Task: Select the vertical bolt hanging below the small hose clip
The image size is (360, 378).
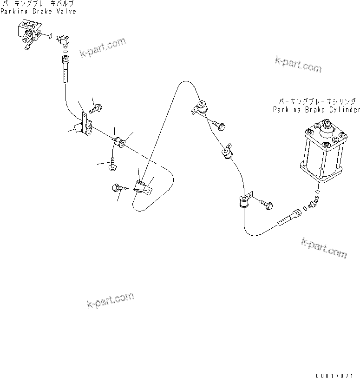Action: point(113,165)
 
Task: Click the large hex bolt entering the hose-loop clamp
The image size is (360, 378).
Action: point(119,188)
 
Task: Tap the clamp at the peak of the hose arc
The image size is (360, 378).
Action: point(201,108)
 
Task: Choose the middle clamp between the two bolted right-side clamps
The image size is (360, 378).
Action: point(227,153)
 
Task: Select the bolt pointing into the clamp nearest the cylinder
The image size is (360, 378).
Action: point(266,204)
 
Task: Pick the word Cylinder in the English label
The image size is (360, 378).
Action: point(345,110)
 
